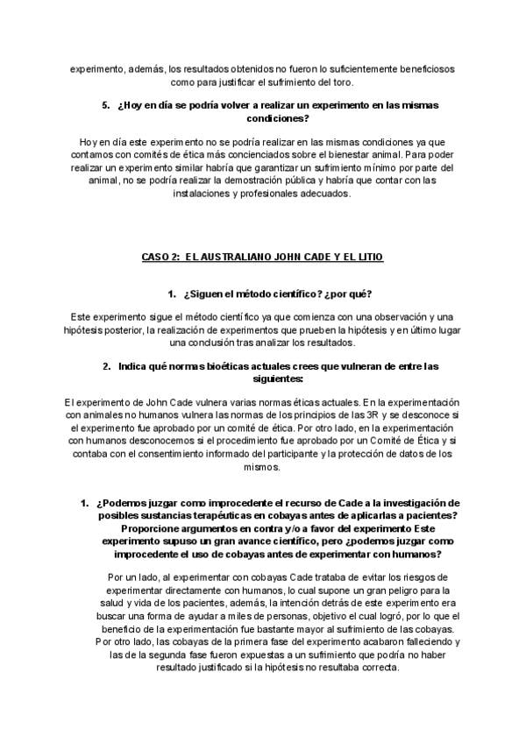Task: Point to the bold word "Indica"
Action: [136, 366]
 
